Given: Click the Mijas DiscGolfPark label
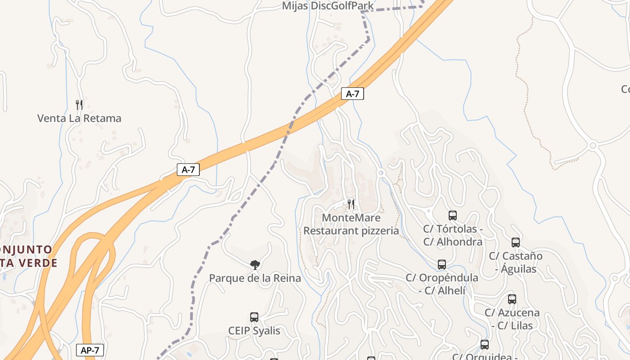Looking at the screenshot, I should click(x=328, y=6).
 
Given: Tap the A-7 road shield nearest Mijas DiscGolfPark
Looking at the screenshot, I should click(x=352, y=94).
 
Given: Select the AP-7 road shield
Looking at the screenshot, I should click(x=90, y=350).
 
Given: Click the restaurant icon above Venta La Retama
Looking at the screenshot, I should click(x=79, y=105).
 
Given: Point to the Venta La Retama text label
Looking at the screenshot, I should click(x=79, y=118).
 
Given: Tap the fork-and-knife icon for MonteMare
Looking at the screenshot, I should click(x=351, y=204).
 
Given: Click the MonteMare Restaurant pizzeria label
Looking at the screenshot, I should click(x=351, y=224).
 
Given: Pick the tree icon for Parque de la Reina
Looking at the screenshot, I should click(x=255, y=265).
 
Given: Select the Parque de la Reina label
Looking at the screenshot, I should click(x=255, y=278).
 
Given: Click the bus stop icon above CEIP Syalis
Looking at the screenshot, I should click(x=254, y=317).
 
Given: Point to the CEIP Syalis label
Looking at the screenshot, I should click(x=254, y=331).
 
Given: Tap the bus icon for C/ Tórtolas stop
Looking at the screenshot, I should click(x=453, y=216).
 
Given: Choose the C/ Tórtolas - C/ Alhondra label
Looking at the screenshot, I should click(x=453, y=235).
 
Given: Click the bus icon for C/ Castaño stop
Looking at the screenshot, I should click(x=516, y=243).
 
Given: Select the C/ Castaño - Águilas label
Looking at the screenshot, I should click(x=516, y=262).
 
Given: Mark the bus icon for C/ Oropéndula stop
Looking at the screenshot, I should click(x=442, y=265).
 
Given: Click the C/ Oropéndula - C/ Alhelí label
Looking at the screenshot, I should click(x=442, y=284).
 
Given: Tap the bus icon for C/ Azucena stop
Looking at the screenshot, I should click(x=512, y=299).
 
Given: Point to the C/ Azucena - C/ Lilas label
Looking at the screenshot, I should click(x=512, y=319).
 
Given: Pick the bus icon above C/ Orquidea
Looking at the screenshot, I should click(x=485, y=345).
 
